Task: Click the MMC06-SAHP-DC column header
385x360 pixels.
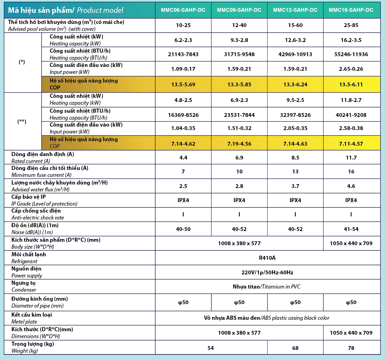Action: [x=183, y=10]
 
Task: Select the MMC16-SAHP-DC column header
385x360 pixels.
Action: [x=351, y=10]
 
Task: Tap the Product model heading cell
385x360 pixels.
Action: [x=65, y=10]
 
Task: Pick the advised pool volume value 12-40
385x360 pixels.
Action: [x=239, y=25]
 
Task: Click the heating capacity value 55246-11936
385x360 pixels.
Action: [x=351, y=54]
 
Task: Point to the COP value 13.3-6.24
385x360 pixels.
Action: [x=295, y=84]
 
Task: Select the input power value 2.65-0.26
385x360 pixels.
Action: [x=351, y=69]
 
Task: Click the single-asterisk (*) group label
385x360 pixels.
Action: [x=22, y=62]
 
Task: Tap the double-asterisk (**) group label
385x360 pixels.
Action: [x=22, y=121]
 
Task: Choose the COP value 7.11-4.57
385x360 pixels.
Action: [x=351, y=144]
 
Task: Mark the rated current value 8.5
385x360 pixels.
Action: [x=295, y=158]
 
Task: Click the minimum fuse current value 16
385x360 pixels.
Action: [x=351, y=172]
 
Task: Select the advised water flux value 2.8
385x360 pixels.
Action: [x=239, y=186]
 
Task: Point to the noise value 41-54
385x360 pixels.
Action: [x=351, y=229]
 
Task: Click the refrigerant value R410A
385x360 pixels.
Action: [x=267, y=258]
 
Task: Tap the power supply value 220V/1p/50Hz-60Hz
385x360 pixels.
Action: [x=267, y=273]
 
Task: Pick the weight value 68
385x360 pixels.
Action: [x=295, y=348]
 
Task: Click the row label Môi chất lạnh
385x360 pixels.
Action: [x=29, y=255]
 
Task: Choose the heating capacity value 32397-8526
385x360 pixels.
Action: [x=295, y=115]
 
